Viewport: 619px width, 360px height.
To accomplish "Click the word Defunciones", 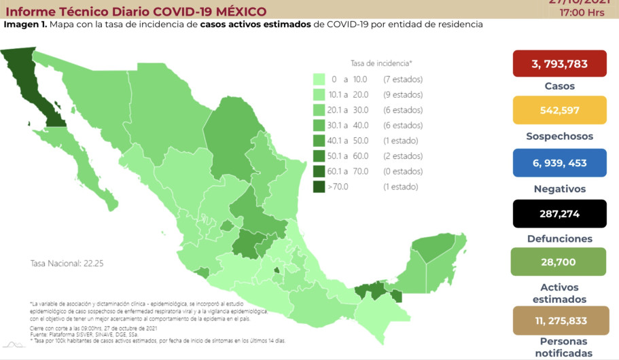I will [x=559, y=239].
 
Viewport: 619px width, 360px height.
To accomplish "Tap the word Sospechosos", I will [x=559, y=137].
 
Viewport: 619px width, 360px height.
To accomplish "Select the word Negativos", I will [x=559, y=189].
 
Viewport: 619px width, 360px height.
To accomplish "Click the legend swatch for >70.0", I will [x=319, y=187].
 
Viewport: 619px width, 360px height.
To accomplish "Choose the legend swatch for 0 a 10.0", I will [x=319, y=79].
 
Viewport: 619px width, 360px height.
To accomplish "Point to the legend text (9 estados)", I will [x=403, y=94].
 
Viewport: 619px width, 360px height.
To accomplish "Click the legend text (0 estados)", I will [x=403, y=171].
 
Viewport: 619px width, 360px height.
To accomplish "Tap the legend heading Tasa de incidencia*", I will [x=381, y=63].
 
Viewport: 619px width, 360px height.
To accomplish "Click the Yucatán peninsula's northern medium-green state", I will [x=433, y=249].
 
